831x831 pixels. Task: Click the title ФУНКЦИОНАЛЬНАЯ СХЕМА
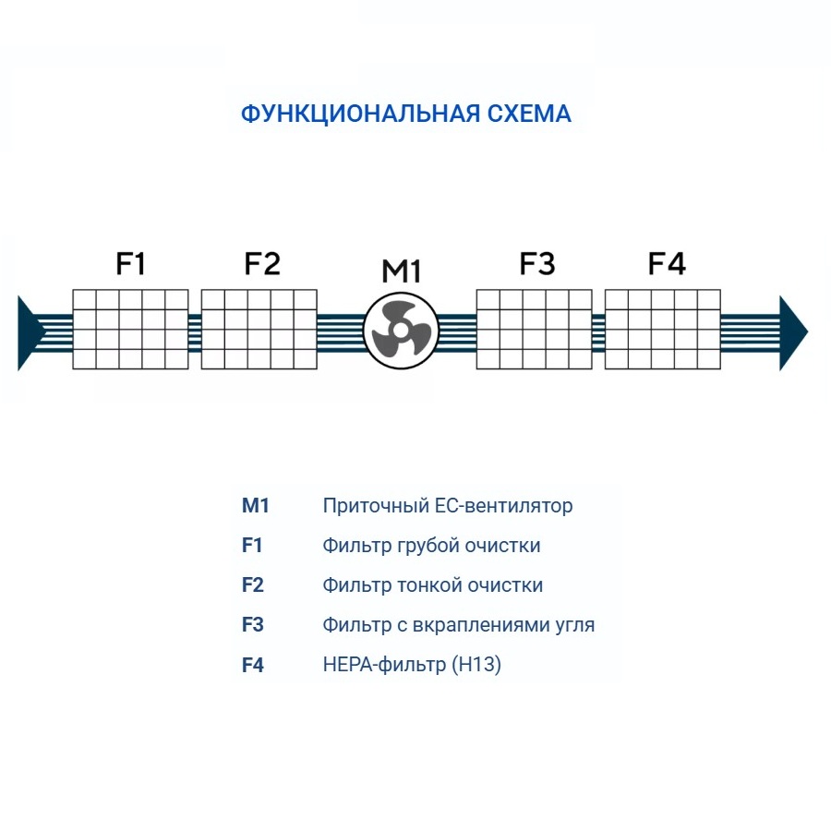click(405, 114)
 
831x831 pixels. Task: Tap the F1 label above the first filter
click(130, 264)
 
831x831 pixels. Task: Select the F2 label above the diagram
click(261, 264)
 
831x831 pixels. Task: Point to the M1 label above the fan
click(402, 271)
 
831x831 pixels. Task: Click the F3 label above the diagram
click(536, 264)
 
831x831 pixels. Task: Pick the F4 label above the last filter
click(667, 264)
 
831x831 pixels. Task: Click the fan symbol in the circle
click(400, 330)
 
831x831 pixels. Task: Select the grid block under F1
click(130, 330)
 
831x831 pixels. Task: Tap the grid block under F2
click(259, 330)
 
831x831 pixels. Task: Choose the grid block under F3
click(534, 330)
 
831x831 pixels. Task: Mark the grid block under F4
click(663, 330)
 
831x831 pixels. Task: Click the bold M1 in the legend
click(255, 506)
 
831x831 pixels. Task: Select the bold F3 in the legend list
click(253, 625)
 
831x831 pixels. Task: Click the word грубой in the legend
click(428, 546)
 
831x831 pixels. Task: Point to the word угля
click(573, 625)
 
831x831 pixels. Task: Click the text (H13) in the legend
click(476, 665)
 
